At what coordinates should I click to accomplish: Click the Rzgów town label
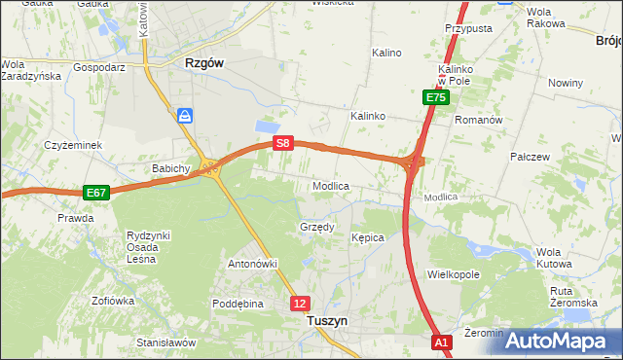click(x=204, y=62)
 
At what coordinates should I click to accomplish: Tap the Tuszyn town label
click(x=327, y=319)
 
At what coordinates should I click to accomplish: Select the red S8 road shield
click(x=282, y=143)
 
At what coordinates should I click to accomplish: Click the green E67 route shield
click(x=95, y=193)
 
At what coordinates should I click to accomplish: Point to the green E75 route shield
click(x=435, y=98)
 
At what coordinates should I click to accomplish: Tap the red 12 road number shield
click(x=300, y=304)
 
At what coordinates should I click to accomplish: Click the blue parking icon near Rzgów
click(x=185, y=116)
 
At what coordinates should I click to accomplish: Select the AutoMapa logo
click(x=556, y=341)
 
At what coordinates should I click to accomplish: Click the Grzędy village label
click(x=316, y=228)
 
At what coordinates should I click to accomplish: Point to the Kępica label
click(x=368, y=237)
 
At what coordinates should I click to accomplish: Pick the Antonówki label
click(x=253, y=264)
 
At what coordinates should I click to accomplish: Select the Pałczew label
click(x=531, y=156)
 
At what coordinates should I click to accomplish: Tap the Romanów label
click(x=478, y=120)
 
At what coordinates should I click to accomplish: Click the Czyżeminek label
click(x=73, y=145)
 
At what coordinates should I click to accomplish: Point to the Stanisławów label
click(x=166, y=342)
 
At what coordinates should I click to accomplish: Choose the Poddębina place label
click(x=238, y=304)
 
